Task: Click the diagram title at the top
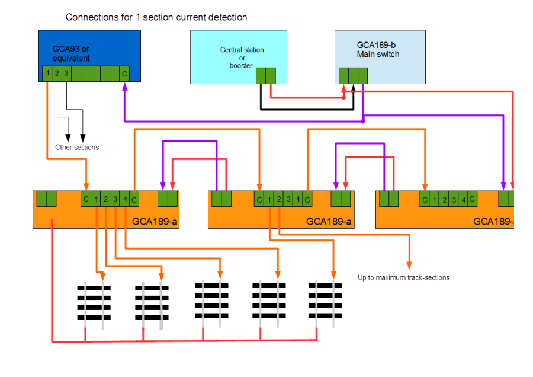[x=156, y=18]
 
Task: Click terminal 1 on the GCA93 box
[x=47, y=74]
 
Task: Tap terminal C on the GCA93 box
[x=124, y=74]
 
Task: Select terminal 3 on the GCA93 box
[x=66, y=74]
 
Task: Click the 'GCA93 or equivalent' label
[x=71, y=53]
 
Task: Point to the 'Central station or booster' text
[x=242, y=57]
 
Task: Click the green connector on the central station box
[x=266, y=75]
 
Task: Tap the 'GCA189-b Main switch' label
[x=378, y=49]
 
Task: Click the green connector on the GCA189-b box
[x=353, y=75]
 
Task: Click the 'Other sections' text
[x=76, y=148]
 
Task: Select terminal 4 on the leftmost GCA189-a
[x=124, y=199]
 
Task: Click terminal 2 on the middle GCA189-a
[x=278, y=199]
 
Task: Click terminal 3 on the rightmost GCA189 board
[x=454, y=199]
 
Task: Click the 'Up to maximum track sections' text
[x=403, y=277]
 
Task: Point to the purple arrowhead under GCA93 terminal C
[x=124, y=87]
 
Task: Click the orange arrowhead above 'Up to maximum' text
[x=409, y=264]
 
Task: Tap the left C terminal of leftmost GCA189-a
[x=86, y=199]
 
